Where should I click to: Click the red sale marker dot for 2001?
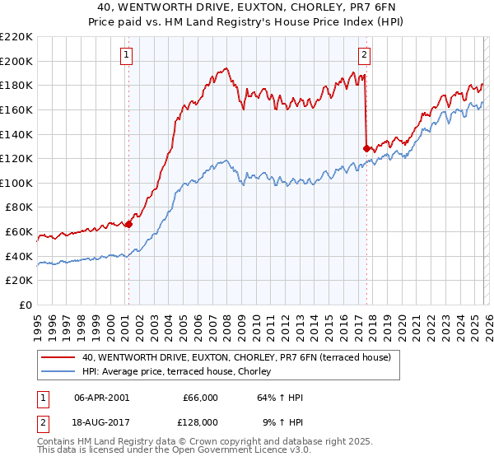(x=128, y=224)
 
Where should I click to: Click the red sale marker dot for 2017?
(x=366, y=148)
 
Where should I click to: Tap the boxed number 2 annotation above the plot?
(x=364, y=55)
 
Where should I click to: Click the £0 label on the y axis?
(x=26, y=305)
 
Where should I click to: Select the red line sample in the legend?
(x=58, y=358)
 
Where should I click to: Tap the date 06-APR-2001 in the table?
(x=101, y=398)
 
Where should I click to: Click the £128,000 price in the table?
(x=200, y=421)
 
